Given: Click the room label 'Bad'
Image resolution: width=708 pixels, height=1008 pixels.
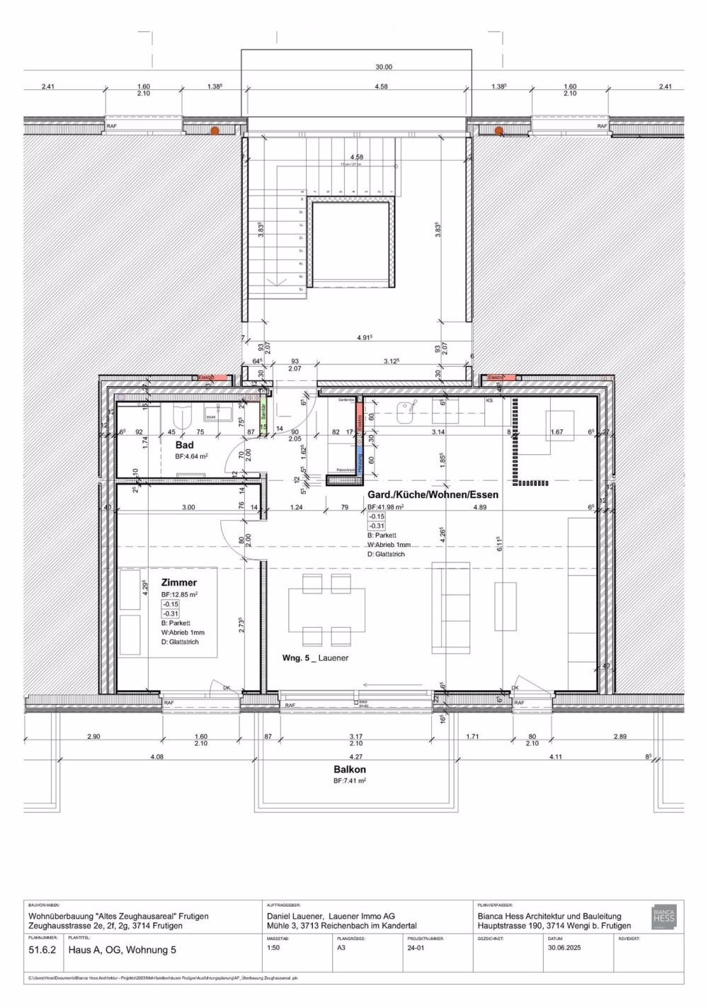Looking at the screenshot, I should pyautogui.click(x=185, y=445).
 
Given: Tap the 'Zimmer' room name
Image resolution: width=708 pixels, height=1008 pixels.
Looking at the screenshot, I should pyautogui.click(x=179, y=582).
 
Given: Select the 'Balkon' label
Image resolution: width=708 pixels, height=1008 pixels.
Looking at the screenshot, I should pyautogui.click(x=350, y=769).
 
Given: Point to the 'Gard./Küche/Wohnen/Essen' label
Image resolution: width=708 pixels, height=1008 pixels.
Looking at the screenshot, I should pyautogui.click(x=433, y=495).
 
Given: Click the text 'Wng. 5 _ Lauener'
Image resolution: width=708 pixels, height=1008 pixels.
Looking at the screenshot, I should pyautogui.click(x=315, y=658).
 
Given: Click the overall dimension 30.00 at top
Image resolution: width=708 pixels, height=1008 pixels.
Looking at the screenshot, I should pyautogui.click(x=383, y=67).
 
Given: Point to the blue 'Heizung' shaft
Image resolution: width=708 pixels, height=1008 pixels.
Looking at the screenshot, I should pyautogui.click(x=359, y=460).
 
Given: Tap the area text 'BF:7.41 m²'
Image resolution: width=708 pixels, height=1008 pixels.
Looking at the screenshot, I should pyautogui.click(x=349, y=781).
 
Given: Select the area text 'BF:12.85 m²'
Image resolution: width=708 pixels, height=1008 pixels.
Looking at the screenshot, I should pyautogui.click(x=180, y=594).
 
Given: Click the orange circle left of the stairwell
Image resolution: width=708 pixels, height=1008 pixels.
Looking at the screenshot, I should pyautogui.click(x=215, y=130).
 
